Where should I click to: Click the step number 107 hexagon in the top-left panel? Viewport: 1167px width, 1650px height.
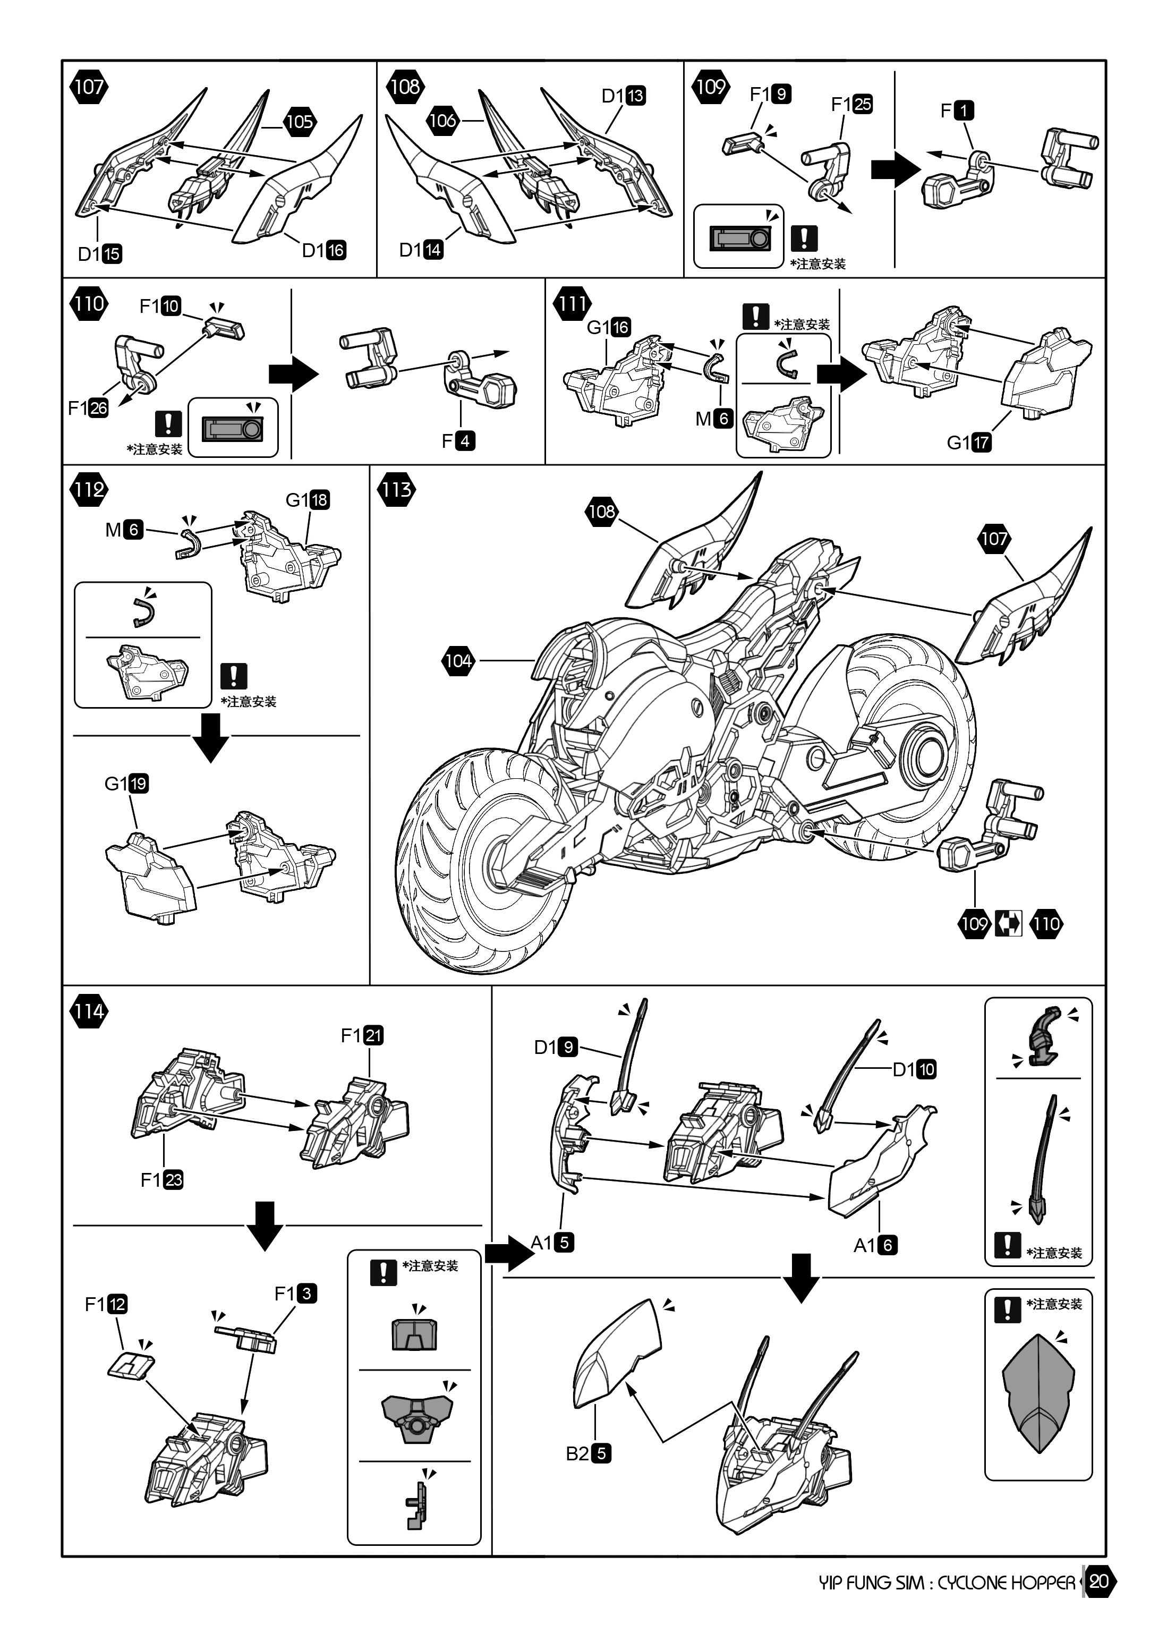(88, 87)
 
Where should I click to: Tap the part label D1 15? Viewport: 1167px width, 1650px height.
(100, 254)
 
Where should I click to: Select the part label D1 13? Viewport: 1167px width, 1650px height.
(624, 96)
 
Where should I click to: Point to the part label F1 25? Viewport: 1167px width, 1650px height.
(851, 104)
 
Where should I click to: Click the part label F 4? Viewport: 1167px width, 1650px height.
(458, 440)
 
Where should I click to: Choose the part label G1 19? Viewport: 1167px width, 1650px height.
(126, 784)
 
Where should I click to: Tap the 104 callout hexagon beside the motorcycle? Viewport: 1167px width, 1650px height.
(458, 660)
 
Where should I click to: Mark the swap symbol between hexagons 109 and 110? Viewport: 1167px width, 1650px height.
(1009, 923)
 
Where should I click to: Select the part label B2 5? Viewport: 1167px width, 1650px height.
(589, 1453)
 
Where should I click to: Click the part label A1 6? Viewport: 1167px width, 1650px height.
(875, 1245)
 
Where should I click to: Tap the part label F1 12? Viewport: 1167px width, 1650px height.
(106, 1304)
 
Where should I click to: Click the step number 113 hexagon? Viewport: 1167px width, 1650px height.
(396, 490)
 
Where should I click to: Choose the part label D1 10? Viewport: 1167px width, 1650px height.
(914, 1069)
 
